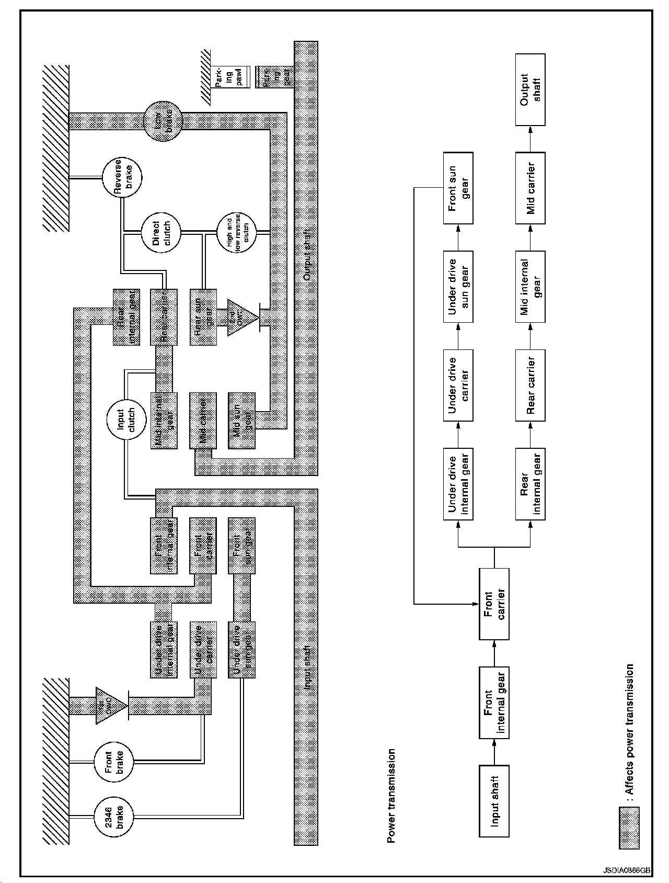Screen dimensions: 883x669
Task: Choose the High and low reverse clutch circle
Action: [x=237, y=231]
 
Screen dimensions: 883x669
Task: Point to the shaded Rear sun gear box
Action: [x=203, y=317]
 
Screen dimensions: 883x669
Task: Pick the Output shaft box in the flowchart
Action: [x=530, y=89]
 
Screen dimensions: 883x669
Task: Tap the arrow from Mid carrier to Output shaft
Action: [x=530, y=139]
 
